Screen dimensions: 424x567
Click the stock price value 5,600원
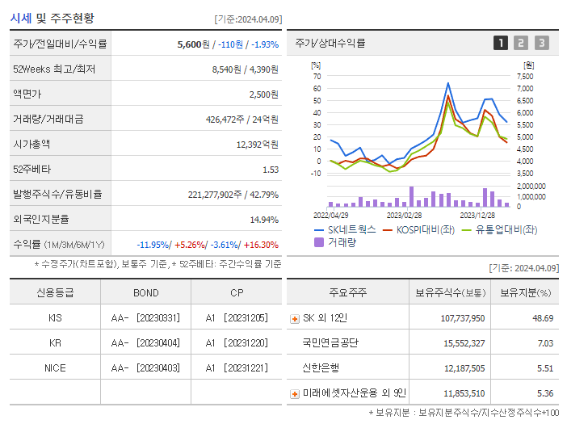194,44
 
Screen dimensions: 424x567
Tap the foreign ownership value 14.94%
264,220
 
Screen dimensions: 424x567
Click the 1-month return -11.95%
153,245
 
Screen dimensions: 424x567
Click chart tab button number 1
501,43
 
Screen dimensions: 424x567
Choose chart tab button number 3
541,43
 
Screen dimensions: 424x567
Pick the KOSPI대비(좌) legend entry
424,229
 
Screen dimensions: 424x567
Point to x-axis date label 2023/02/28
404,216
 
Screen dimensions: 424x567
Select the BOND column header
146,293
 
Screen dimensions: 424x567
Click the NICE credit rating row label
55,367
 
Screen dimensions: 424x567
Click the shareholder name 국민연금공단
330,343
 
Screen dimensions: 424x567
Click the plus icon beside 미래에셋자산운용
294,393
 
